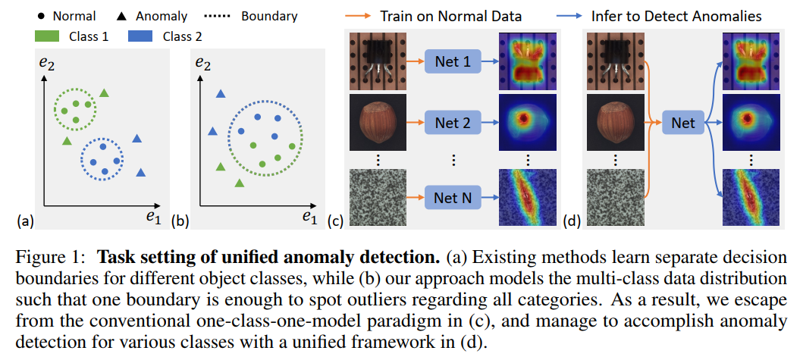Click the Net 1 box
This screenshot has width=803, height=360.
coord(452,61)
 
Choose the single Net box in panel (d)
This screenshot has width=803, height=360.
coord(682,121)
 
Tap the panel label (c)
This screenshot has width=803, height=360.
coord(334,221)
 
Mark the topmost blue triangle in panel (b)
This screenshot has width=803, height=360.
coord(221,94)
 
